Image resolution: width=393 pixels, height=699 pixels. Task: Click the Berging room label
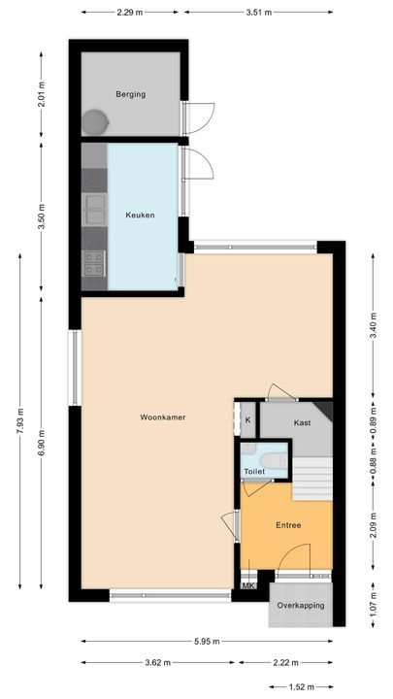coord(130,94)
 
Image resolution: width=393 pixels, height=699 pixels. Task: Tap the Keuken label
coord(139,215)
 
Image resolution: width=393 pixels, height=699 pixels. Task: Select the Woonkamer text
coord(162,417)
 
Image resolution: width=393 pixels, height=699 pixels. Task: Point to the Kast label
coord(302,423)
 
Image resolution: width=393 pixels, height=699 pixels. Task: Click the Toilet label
coord(254,471)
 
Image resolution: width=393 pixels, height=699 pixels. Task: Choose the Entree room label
coord(288,525)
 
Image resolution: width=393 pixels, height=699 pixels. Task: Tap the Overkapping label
coord(300,605)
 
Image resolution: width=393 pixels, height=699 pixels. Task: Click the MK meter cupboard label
coord(247,586)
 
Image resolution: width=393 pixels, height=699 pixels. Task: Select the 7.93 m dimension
coord(20,422)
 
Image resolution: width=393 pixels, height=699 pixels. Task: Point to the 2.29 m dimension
coord(129,13)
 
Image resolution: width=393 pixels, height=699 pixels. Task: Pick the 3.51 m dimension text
coord(258,13)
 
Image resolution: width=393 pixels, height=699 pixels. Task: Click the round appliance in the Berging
coord(95,122)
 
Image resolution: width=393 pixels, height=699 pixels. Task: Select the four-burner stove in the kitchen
coord(94,260)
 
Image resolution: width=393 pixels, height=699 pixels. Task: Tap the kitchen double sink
coord(94,203)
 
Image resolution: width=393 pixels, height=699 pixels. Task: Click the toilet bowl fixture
coord(273,458)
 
